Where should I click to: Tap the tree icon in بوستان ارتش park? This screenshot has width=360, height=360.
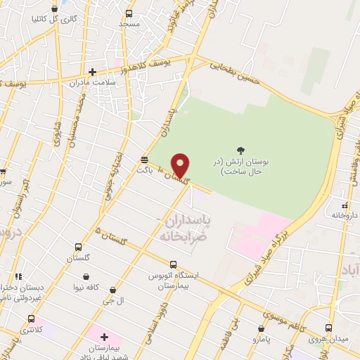point(241,150)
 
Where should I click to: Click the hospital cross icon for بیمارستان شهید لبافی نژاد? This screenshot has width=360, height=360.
point(104,338)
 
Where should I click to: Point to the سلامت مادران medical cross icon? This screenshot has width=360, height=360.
point(92,71)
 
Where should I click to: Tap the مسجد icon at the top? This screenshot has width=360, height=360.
point(129,13)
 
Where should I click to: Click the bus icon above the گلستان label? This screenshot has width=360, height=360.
point(78,247)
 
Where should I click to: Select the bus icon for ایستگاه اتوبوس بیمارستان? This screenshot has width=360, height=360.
point(162,265)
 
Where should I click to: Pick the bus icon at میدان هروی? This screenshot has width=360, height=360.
point(328,328)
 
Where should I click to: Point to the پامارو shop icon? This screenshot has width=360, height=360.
point(262,328)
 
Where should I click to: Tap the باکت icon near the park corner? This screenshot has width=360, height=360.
point(144,159)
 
